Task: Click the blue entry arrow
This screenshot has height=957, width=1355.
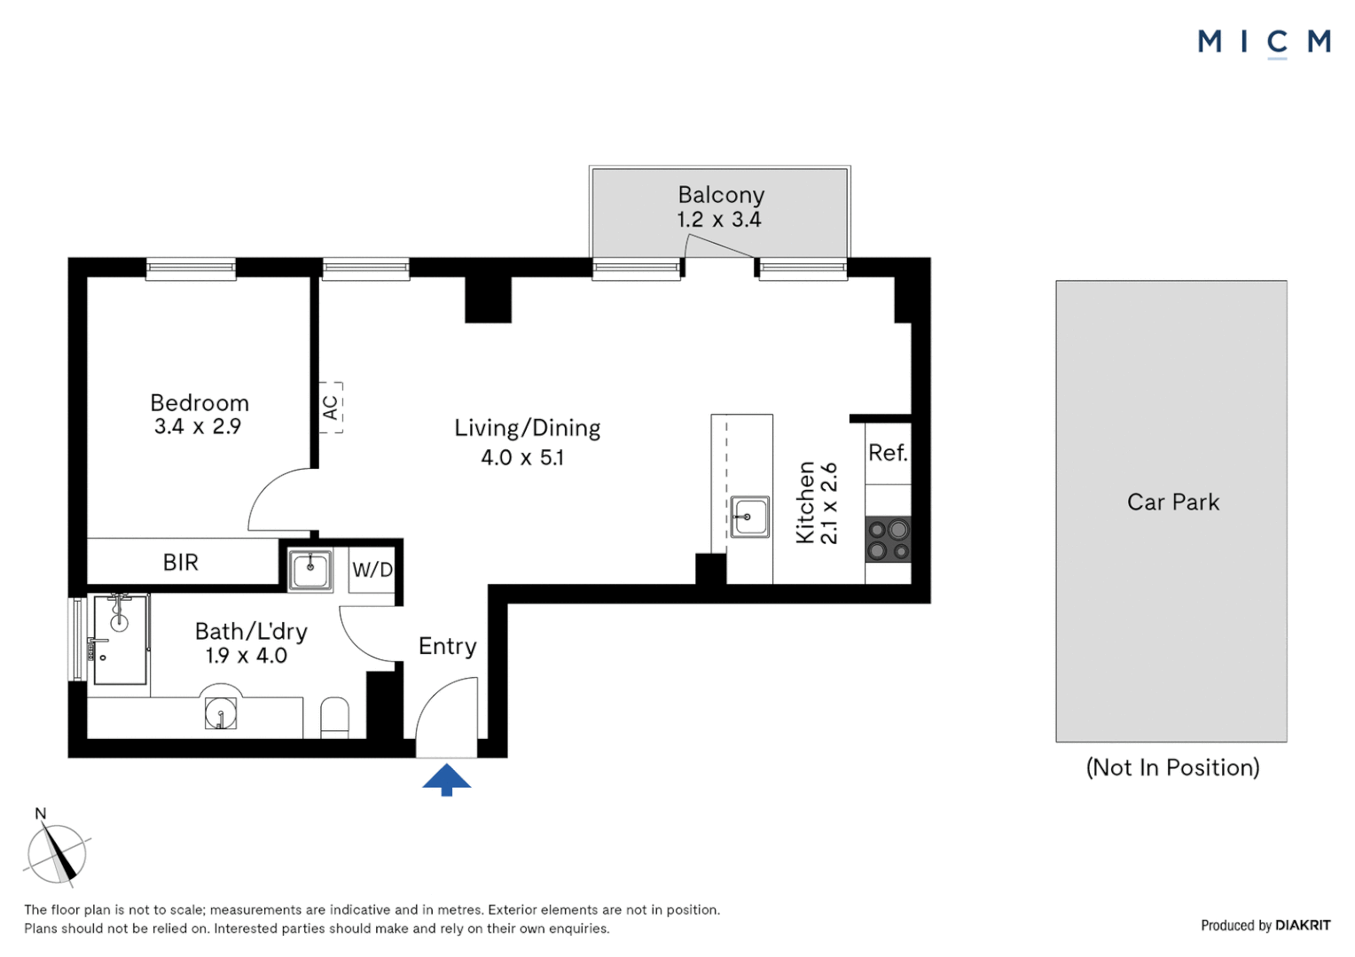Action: click(x=446, y=780)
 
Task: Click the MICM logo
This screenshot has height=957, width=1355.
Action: click(x=1264, y=43)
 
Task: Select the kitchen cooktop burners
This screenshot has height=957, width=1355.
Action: click(x=888, y=540)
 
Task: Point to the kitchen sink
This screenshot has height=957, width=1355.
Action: click(x=749, y=517)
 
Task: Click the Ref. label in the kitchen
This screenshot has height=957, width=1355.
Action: click(x=888, y=453)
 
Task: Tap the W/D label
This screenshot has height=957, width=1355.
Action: click(x=372, y=569)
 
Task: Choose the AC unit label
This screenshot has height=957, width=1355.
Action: click(x=330, y=408)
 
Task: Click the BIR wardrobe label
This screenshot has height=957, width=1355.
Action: click(x=181, y=563)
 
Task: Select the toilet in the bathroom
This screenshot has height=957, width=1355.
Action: click(x=334, y=718)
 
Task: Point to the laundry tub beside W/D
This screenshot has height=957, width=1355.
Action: click(x=309, y=570)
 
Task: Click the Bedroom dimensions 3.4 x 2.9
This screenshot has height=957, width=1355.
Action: click(x=198, y=427)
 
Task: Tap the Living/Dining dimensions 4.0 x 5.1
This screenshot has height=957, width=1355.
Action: click(x=522, y=457)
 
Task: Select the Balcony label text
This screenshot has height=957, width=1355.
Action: click(x=721, y=195)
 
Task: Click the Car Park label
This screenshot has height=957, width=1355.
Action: click(x=1173, y=502)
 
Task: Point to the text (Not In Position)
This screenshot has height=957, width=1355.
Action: click(x=1173, y=767)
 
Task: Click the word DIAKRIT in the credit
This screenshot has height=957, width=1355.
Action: click(x=1303, y=926)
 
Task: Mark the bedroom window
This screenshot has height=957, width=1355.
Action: click(x=191, y=268)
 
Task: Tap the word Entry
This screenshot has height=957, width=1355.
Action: click(x=448, y=647)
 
